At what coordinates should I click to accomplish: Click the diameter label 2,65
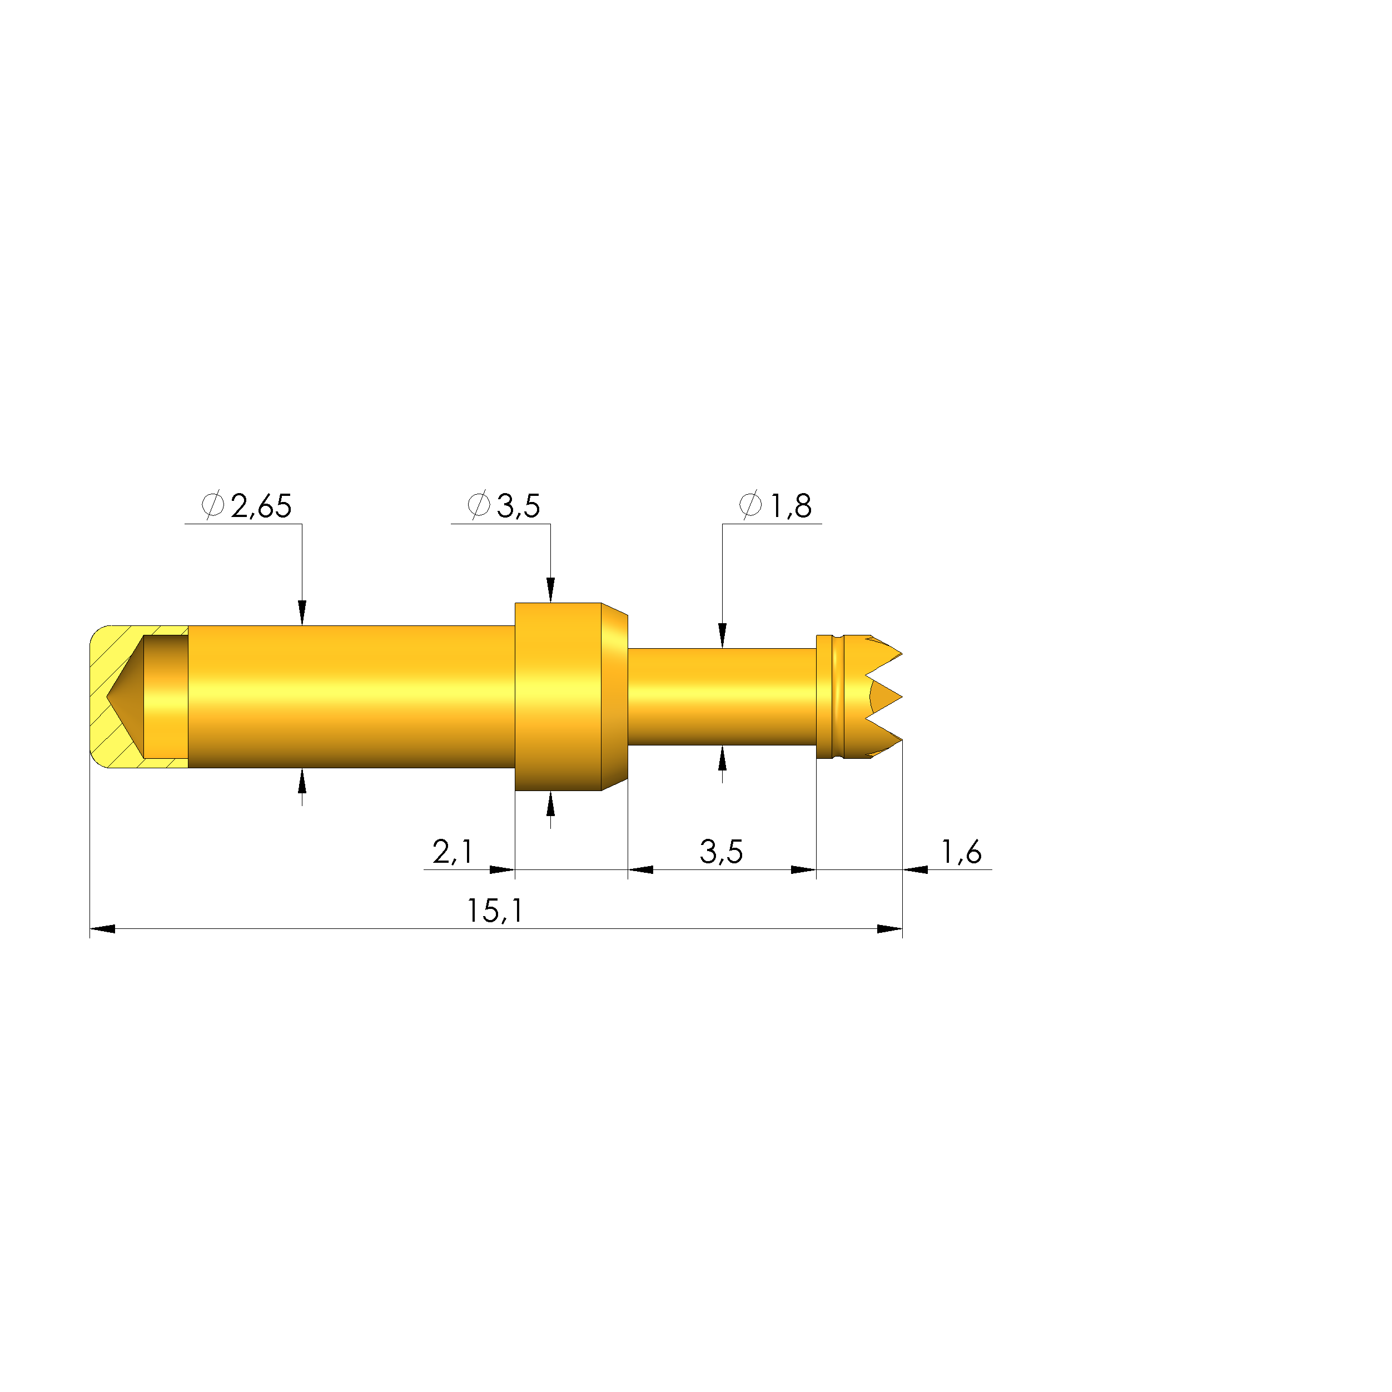261,506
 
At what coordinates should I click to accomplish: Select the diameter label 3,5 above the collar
518,506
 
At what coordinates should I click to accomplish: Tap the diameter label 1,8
791,506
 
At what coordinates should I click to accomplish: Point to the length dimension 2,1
453,852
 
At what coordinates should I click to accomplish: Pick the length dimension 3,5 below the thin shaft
720,852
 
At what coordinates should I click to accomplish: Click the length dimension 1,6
961,852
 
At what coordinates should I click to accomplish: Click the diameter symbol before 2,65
212,505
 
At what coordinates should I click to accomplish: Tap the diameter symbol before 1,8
750,505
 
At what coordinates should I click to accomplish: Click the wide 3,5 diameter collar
558,696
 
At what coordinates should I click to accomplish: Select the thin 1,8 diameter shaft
720,696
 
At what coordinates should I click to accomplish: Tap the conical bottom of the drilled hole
125,697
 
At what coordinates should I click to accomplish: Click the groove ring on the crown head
836,696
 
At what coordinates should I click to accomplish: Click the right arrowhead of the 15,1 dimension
890,929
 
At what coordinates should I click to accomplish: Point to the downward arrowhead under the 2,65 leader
302,613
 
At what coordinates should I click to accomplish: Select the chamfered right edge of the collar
615,696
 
